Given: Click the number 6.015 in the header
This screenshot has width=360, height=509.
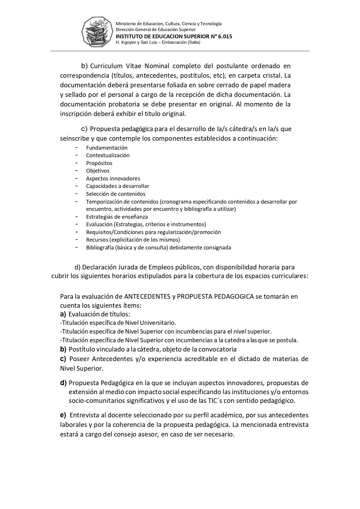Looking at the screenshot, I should pos(225,37).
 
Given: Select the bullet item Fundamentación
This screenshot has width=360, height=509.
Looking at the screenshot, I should pos(107,148).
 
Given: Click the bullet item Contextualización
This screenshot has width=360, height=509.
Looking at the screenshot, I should pos(108,155).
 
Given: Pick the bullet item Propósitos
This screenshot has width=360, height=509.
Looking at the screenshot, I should pos(99,163).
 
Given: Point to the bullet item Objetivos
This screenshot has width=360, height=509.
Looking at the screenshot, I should pos(97,171).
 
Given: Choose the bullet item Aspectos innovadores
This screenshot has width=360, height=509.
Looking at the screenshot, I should pos(113,179).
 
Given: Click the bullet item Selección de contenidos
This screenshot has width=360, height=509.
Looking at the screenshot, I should pos(115,194).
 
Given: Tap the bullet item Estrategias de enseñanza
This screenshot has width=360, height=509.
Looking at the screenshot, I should pos(117,217).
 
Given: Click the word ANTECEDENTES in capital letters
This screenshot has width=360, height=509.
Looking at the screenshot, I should pos(147,296).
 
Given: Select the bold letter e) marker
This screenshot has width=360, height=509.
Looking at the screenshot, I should pos(63,415).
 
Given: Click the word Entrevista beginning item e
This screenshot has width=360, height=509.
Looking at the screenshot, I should pos(84,415).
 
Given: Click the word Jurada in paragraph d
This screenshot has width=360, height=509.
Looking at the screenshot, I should pos(127,267).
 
